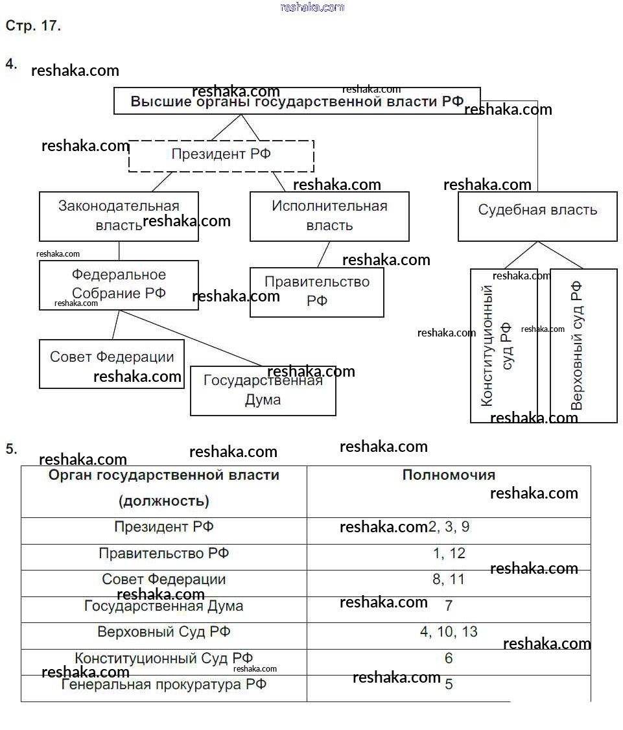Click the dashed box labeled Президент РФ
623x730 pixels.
click(221, 156)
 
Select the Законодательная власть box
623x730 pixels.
click(119, 216)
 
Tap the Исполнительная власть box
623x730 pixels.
click(329, 216)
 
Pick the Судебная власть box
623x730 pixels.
click(537, 217)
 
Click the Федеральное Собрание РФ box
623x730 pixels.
click(119, 285)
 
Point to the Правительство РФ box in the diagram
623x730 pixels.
click(316, 292)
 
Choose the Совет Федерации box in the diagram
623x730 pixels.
click(112, 363)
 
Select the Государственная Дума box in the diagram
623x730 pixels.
click(263, 390)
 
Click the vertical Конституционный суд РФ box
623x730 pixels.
click(503, 346)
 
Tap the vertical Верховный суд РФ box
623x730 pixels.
click(583, 346)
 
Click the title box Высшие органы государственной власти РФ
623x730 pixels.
click(297, 101)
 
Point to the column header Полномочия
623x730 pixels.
click(449, 475)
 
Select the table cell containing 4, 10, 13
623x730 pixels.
click(449, 632)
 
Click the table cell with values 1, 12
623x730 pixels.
click(449, 554)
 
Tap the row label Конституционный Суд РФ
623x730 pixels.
click(164, 659)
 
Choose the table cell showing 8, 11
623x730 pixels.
click(449, 580)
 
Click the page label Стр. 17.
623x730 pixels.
click(33, 27)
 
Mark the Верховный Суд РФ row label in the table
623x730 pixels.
click(164, 632)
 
